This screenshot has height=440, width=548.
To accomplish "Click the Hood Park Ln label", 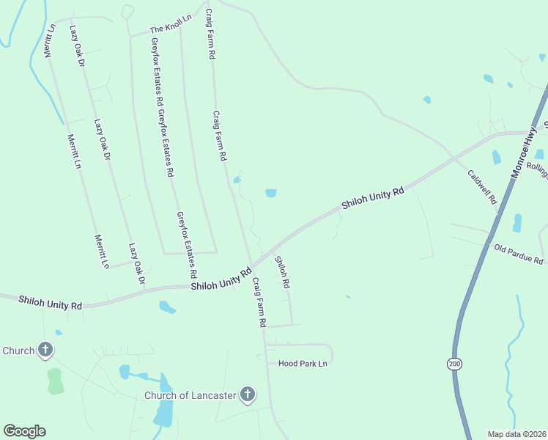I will pos(302,363).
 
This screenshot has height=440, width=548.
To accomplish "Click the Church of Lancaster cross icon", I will pos(248,395).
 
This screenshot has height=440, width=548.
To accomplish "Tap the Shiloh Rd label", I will pos(282,271).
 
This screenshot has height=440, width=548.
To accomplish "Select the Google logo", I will pos(24,431).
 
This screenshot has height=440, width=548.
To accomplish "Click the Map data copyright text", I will pos(516,433).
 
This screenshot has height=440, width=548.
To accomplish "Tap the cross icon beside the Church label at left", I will pos(45,350).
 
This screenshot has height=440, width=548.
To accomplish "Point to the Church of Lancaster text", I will pos(189,396).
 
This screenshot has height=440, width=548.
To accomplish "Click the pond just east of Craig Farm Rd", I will pos(270,194).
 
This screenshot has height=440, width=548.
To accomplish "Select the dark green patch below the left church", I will pos(55,381).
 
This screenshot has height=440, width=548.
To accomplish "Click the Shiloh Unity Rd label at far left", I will pos(50,302).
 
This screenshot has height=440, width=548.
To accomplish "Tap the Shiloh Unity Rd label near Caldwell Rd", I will pos(372,200).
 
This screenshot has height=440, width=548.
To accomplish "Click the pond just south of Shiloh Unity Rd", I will pos(167,307).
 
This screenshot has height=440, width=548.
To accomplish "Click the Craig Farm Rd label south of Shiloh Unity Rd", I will pos(259,301).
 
